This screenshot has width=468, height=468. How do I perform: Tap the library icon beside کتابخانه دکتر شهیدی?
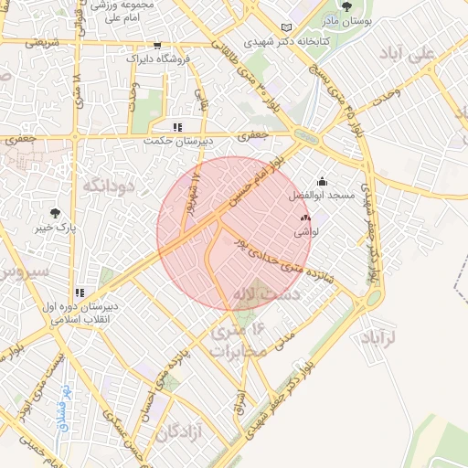(x=289, y=28)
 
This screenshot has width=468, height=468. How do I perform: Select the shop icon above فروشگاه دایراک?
(x=158, y=45)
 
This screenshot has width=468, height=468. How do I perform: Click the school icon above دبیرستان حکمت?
(x=177, y=127)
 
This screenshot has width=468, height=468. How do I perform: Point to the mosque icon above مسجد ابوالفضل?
(x=321, y=182)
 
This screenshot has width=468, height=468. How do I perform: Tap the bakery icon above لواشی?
(x=305, y=218)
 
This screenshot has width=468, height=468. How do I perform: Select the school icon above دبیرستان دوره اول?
(x=80, y=292)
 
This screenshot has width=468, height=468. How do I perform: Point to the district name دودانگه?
(x=110, y=186)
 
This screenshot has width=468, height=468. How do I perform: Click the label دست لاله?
(x=278, y=295)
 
